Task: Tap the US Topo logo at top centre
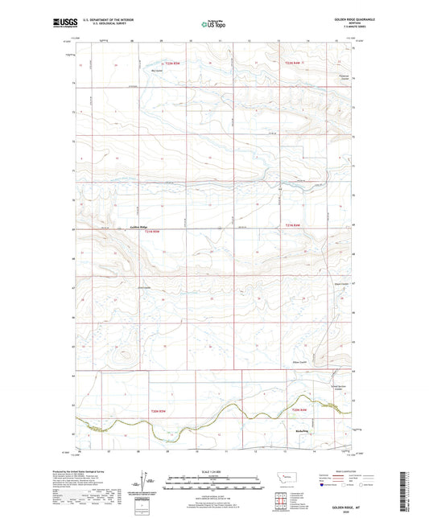[214, 25]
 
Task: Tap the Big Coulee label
[158, 70]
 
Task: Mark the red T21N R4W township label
[291, 225]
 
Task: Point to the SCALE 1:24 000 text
[214, 471]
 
